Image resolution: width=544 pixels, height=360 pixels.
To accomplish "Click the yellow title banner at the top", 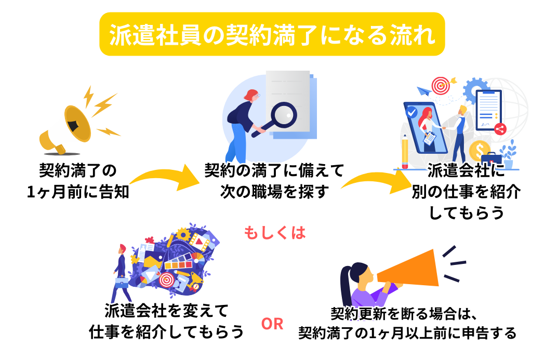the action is [272, 34].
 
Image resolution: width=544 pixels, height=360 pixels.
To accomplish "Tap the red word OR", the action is [272, 324].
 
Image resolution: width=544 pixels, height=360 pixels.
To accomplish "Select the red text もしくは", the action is [275, 233].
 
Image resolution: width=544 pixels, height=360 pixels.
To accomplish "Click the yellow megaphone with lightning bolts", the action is [78, 122].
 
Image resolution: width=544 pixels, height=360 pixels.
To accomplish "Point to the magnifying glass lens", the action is [284, 115].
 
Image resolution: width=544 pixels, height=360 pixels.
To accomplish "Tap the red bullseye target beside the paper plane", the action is [440, 86].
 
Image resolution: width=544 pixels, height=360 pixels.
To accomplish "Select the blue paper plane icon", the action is [423, 91].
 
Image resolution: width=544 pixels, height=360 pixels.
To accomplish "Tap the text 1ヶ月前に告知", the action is [78, 192].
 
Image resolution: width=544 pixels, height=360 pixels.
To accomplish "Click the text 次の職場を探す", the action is [274, 192].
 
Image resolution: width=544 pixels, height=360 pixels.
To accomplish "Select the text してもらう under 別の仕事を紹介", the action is [466, 212].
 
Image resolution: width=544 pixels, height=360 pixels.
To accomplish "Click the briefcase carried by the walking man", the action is [122, 282].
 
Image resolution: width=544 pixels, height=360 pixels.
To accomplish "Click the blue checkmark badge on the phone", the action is [412, 112].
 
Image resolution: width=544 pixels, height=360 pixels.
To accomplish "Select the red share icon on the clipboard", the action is [500, 129].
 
